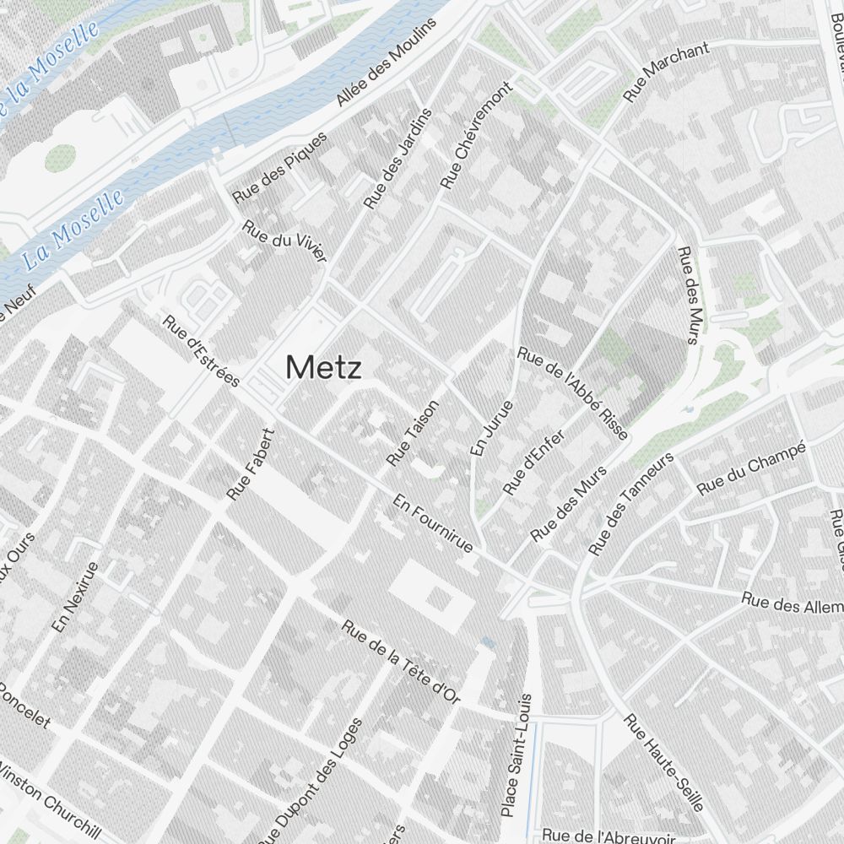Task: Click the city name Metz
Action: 324,368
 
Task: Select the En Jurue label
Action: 492,429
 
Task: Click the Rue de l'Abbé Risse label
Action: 573,393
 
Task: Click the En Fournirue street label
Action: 432,523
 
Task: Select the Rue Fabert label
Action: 252,463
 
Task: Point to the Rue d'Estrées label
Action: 202,349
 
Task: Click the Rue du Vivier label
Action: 284,241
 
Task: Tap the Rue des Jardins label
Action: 398,159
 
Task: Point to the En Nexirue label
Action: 75,598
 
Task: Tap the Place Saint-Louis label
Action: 517,755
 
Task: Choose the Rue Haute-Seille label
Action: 663,762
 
